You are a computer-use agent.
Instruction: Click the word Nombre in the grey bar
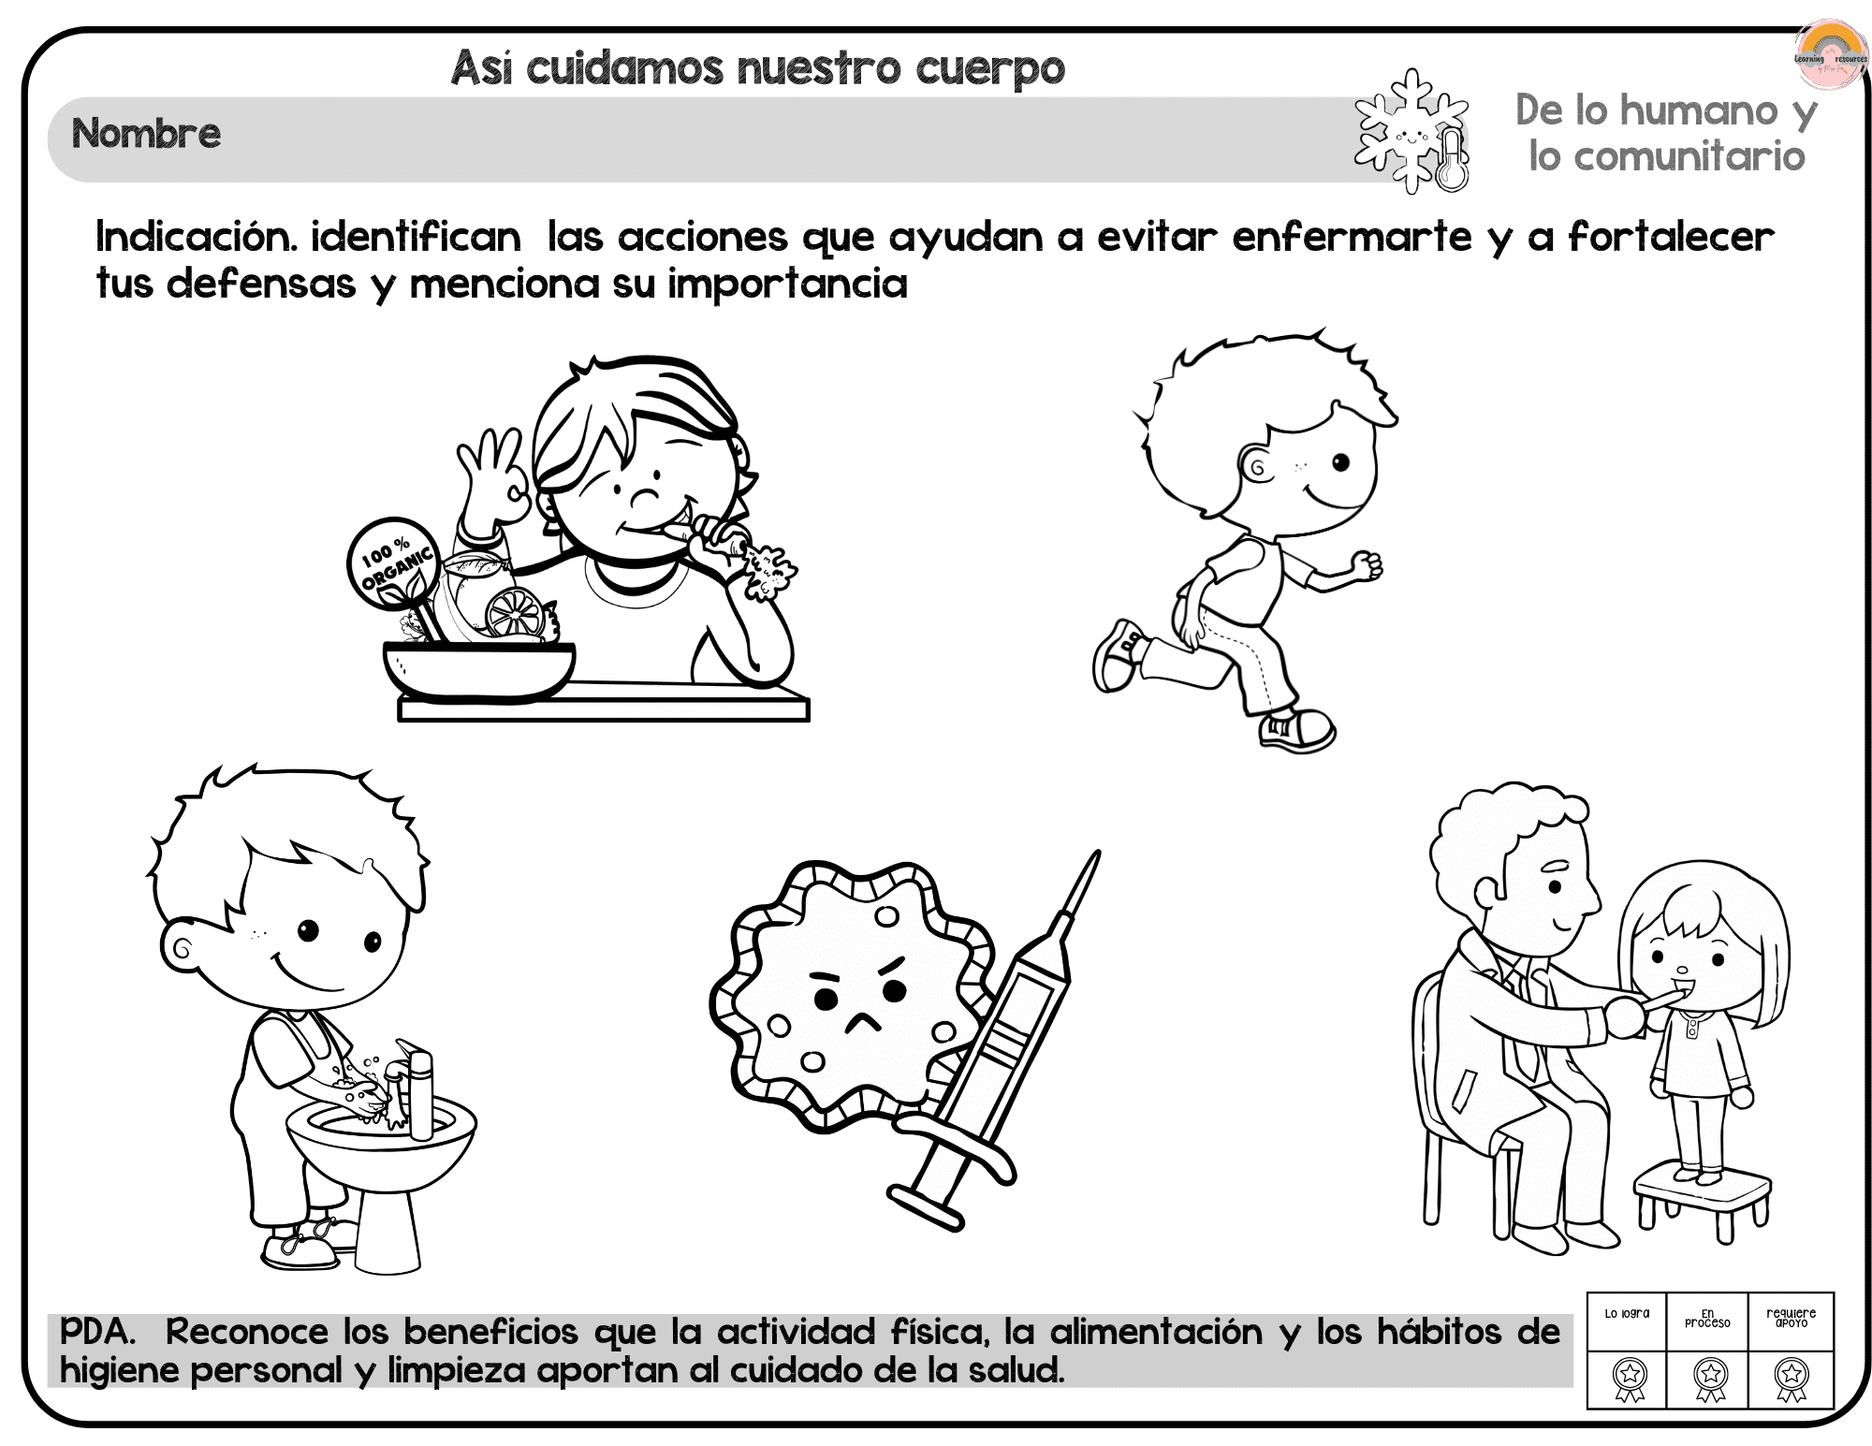(146, 134)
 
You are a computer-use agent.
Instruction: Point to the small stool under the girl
(1703, 1204)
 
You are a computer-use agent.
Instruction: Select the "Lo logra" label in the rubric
(1627, 1313)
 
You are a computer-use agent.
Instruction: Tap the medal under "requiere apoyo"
(1792, 1379)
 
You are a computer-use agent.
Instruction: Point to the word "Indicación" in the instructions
(197, 237)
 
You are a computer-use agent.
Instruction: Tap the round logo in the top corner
(1830, 54)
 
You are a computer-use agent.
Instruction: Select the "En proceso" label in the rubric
(1707, 1318)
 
